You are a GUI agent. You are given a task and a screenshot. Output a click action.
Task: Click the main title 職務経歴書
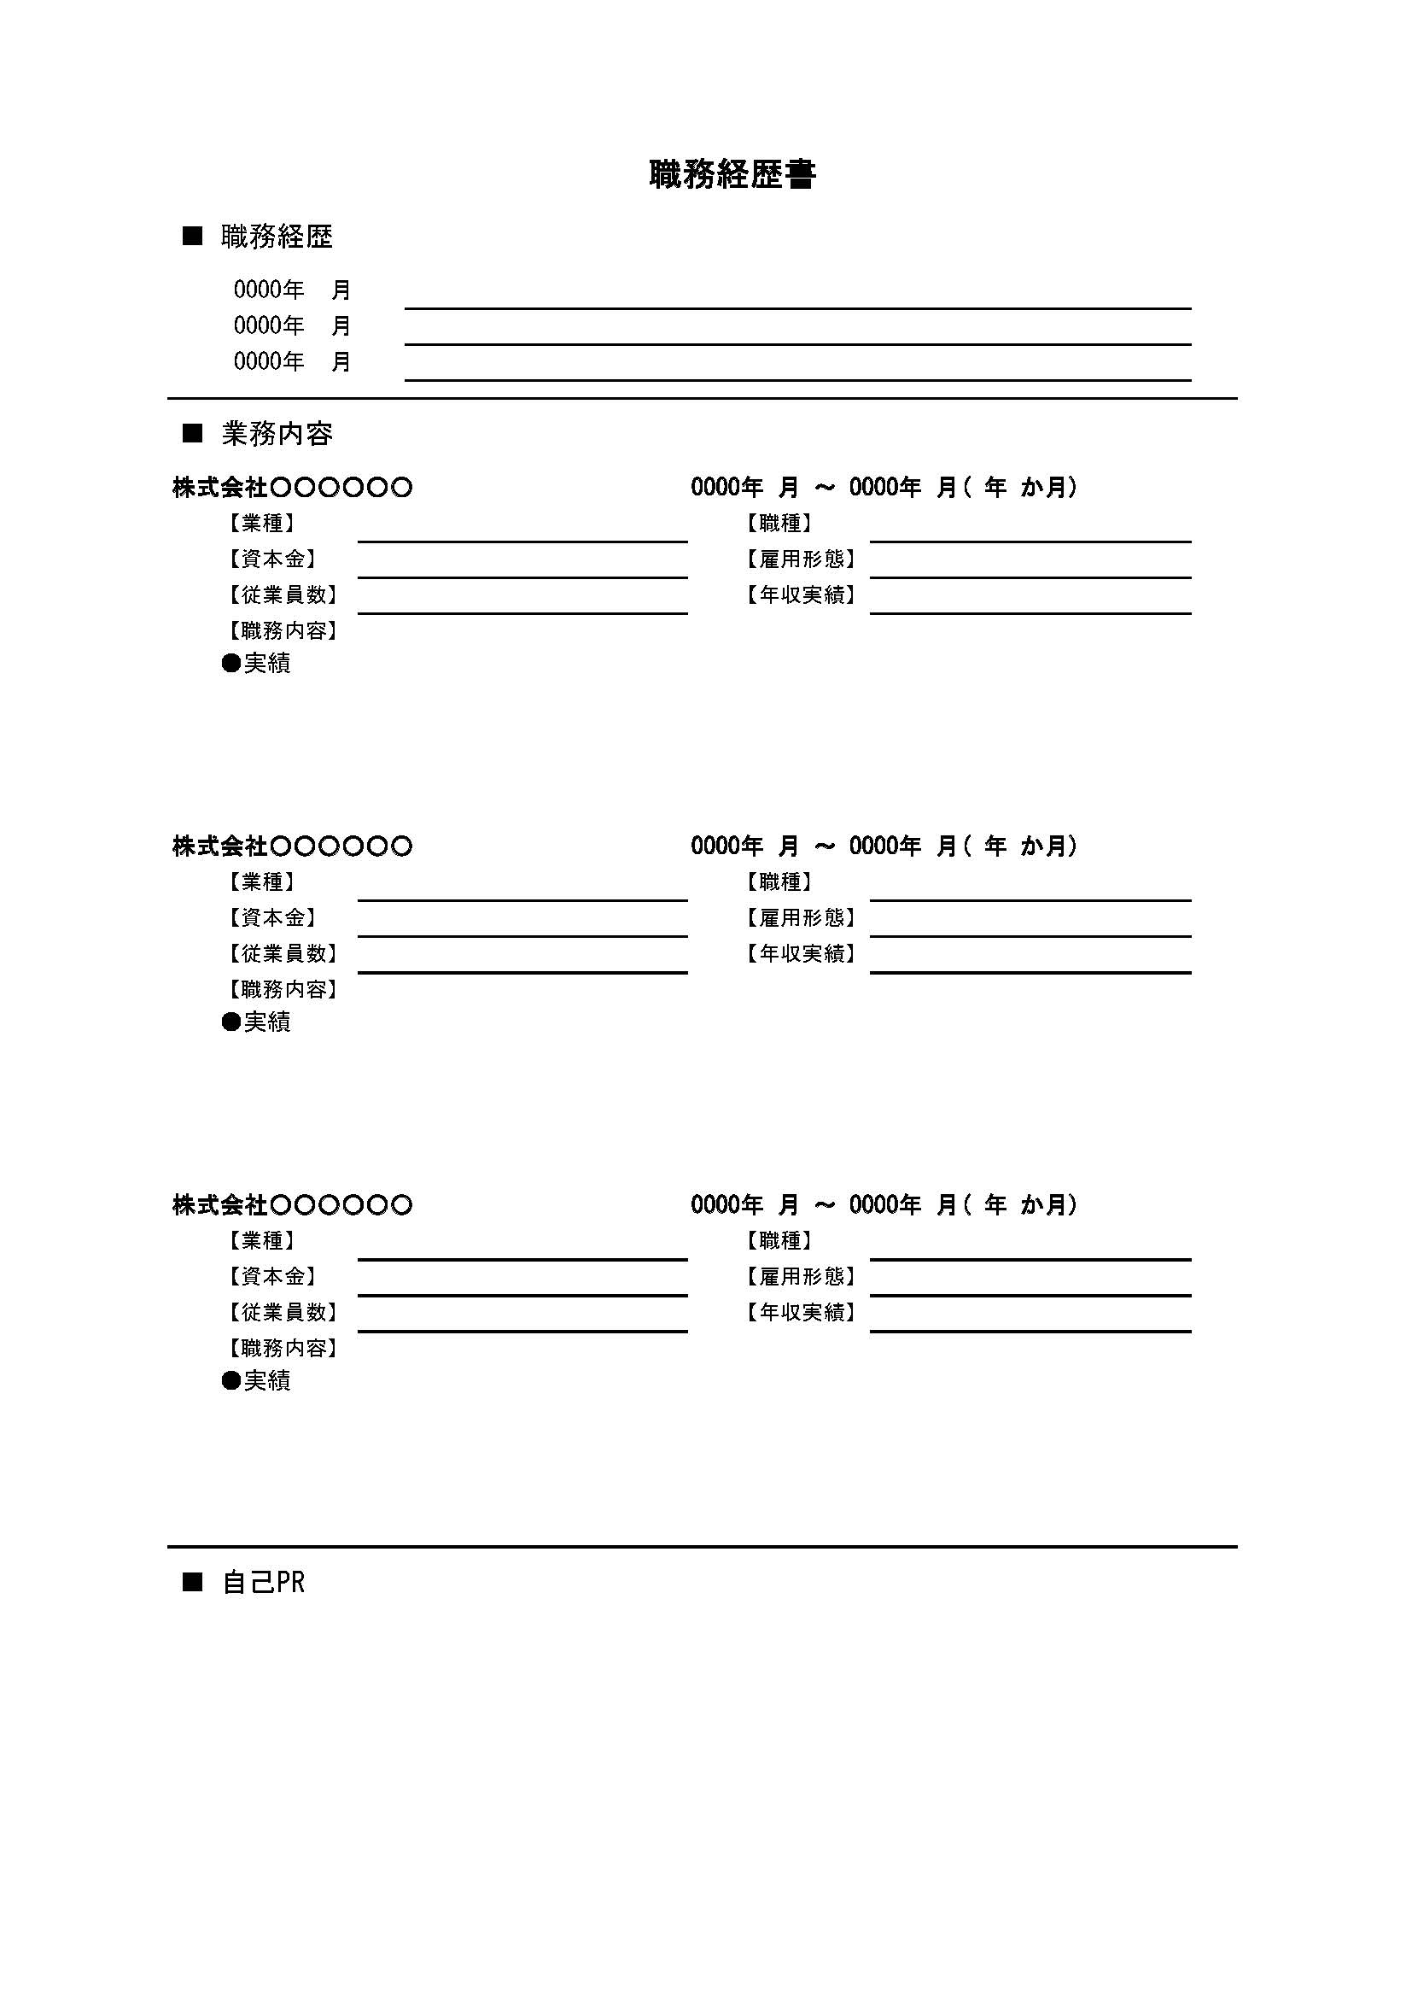732,175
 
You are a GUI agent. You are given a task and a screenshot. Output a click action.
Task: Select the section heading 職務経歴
277,237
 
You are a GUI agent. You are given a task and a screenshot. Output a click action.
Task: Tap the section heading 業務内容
277,434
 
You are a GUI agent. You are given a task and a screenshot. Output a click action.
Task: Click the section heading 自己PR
264,1583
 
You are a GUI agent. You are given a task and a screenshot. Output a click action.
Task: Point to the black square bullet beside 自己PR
192,1582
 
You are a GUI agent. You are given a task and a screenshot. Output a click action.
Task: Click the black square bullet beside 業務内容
192,433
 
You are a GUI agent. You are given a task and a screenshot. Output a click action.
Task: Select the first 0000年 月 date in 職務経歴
292,290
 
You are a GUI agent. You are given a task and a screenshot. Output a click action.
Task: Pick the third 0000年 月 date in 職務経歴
292,361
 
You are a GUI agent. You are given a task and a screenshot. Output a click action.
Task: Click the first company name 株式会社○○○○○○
292,488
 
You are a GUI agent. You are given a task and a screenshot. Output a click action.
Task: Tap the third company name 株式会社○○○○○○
292,1205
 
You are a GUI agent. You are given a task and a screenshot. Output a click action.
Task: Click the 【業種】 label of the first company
262,524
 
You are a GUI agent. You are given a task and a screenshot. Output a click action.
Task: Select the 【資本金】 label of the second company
272,917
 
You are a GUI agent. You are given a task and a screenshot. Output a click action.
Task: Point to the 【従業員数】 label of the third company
283,1313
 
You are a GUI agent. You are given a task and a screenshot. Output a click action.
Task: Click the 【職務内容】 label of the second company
283,990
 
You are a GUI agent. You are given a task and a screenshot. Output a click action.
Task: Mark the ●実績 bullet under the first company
256,664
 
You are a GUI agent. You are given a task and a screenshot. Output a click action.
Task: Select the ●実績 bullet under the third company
256,1381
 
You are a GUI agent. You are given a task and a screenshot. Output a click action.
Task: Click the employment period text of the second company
884,846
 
